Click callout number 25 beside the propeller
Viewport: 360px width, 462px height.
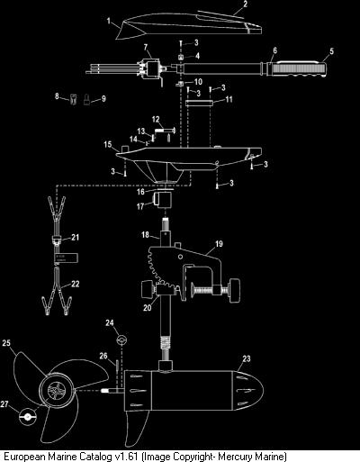[x=6, y=343]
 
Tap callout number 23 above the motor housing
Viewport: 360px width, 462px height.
[x=247, y=358]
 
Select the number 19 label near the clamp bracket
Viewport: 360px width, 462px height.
[x=219, y=244]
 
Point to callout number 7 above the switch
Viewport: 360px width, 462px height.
[x=146, y=47]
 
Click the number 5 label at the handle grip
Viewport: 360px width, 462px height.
[x=331, y=51]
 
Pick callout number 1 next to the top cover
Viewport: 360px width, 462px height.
[x=109, y=21]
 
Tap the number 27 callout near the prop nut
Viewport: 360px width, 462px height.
[x=4, y=404]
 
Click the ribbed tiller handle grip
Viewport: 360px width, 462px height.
[x=299, y=69]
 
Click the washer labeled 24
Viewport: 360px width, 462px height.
[x=122, y=340]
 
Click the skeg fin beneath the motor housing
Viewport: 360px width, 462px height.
[x=136, y=428]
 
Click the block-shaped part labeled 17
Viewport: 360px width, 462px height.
[x=162, y=200]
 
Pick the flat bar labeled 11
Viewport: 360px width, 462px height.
[x=199, y=104]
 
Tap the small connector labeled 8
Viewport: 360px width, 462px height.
[x=73, y=99]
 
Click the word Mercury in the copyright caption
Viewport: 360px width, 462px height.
[x=234, y=457]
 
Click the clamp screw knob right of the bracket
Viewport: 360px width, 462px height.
[x=235, y=290]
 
